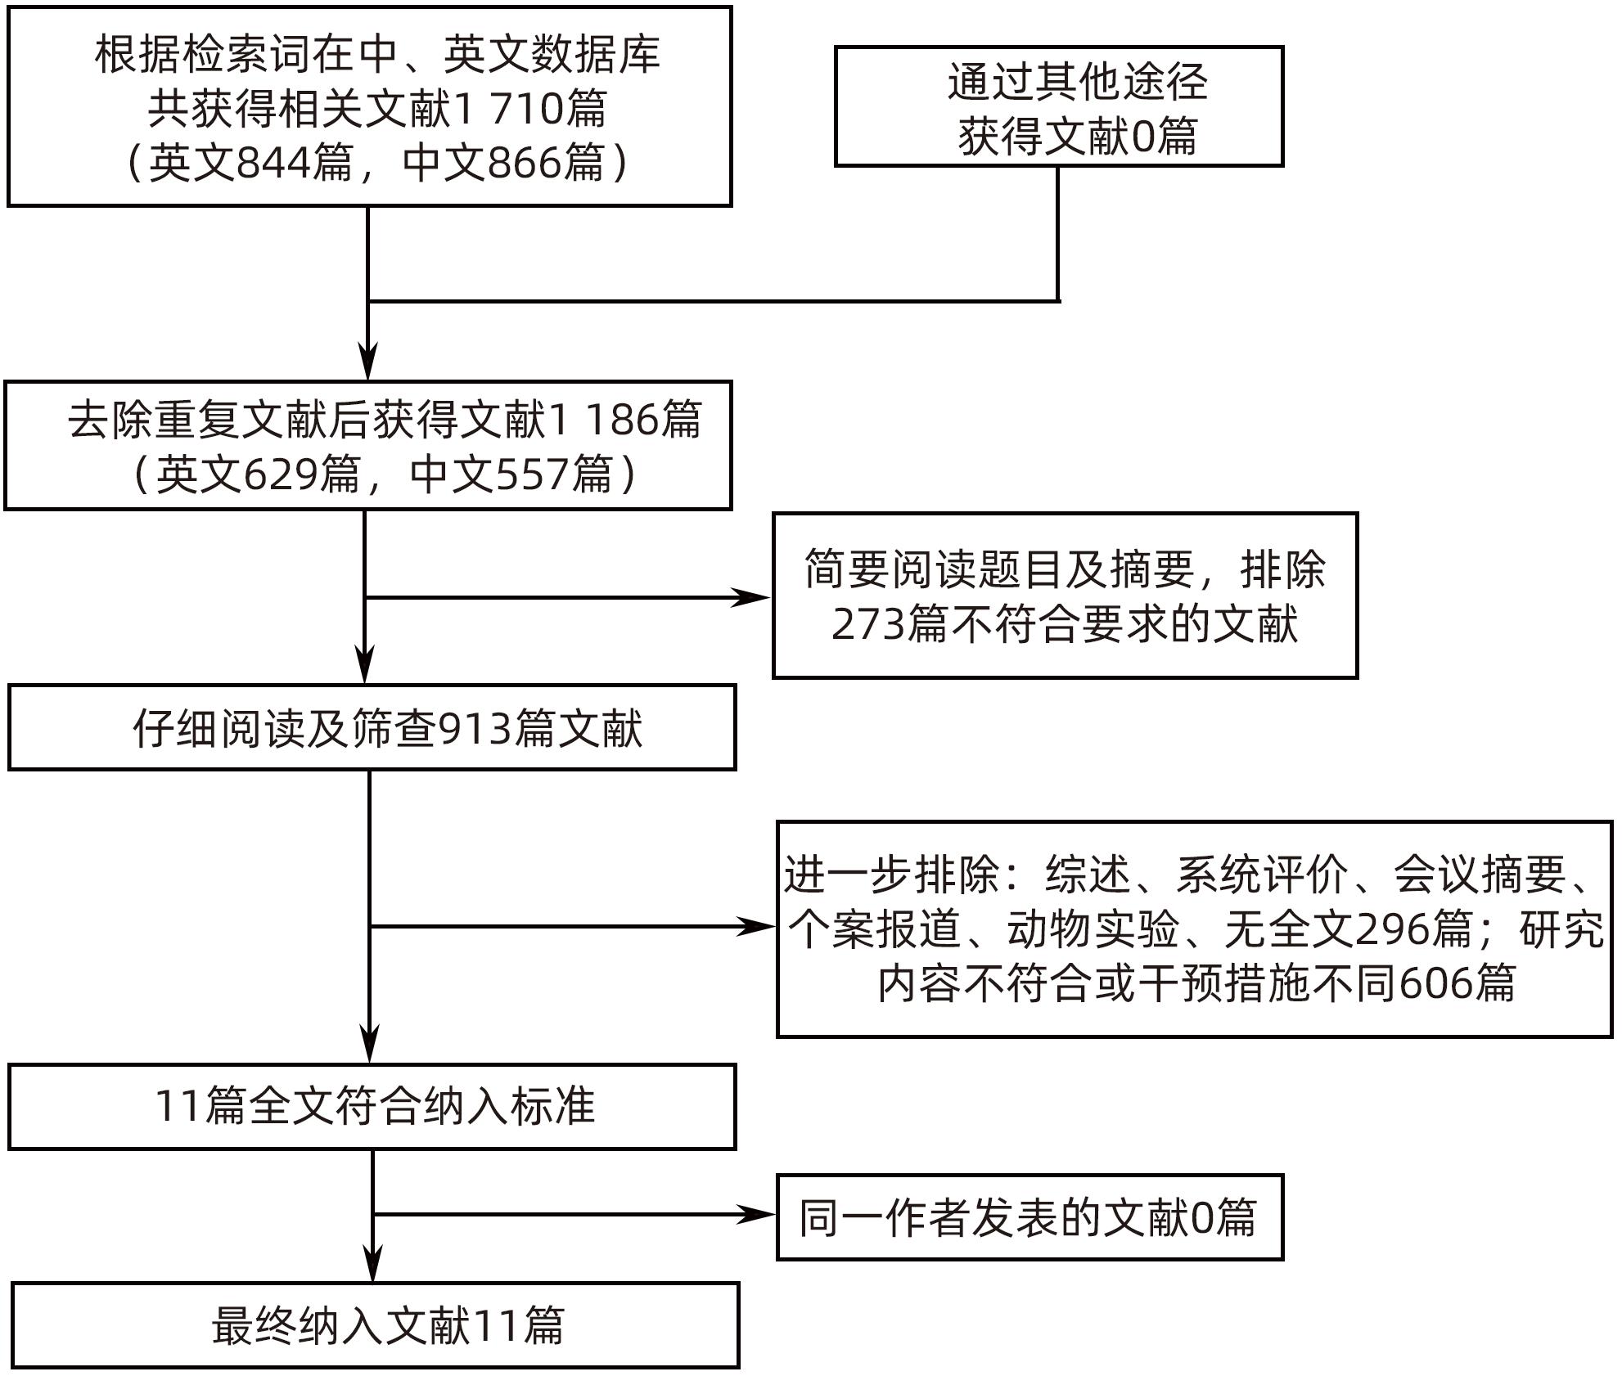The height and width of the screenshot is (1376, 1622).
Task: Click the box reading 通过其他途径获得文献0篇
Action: pos(1058,107)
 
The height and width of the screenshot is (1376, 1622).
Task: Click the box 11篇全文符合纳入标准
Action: pos(372,1107)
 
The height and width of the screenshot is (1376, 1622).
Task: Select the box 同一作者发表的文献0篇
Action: pos(1029,1217)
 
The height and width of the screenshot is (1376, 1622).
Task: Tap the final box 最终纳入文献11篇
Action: pos(376,1325)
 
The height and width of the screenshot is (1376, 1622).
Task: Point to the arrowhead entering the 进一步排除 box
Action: pos(756,927)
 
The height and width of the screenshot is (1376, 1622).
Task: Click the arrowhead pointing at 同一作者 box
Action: pos(756,1215)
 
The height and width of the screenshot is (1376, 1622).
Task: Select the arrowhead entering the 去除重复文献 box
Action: pos(368,362)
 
